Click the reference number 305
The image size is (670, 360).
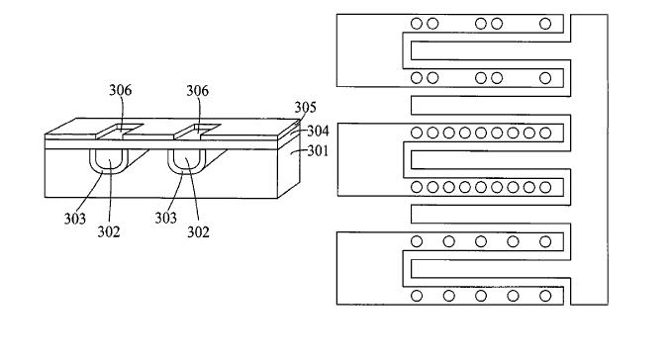click(x=305, y=107)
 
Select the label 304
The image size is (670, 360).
click(x=318, y=131)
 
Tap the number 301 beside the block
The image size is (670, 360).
click(x=318, y=150)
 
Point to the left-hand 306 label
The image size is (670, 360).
click(x=121, y=90)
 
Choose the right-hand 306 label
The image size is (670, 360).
click(x=197, y=91)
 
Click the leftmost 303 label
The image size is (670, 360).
click(x=75, y=219)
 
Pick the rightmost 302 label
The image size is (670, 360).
click(x=198, y=231)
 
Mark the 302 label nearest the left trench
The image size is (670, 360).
click(x=109, y=231)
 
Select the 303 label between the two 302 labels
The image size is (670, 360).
click(x=166, y=218)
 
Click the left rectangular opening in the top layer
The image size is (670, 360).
click(x=120, y=132)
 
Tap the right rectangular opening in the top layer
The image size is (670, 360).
click(x=197, y=132)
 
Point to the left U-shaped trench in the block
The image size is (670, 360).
click(x=109, y=171)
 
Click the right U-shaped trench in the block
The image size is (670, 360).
click(x=186, y=171)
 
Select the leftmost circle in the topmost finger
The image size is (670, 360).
click(x=417, y=24)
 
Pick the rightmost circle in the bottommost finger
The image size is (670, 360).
click(x=545, y=296)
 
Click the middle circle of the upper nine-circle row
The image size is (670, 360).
click(x=481, y=133)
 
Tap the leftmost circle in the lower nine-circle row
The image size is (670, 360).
click(x=417, y=187)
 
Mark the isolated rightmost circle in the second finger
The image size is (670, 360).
click(x=545, y=78)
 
